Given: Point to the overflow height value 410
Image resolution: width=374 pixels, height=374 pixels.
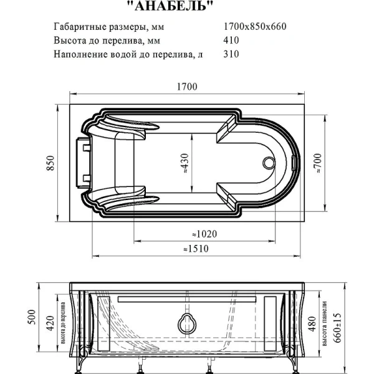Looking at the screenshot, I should pyautogui.click(x=231, y=41).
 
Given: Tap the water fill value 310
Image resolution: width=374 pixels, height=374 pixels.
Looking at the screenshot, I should pyautogui.click(x=231, y=54).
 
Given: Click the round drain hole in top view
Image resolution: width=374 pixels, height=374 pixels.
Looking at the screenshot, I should pyautogui.click(x=269, y=163).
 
